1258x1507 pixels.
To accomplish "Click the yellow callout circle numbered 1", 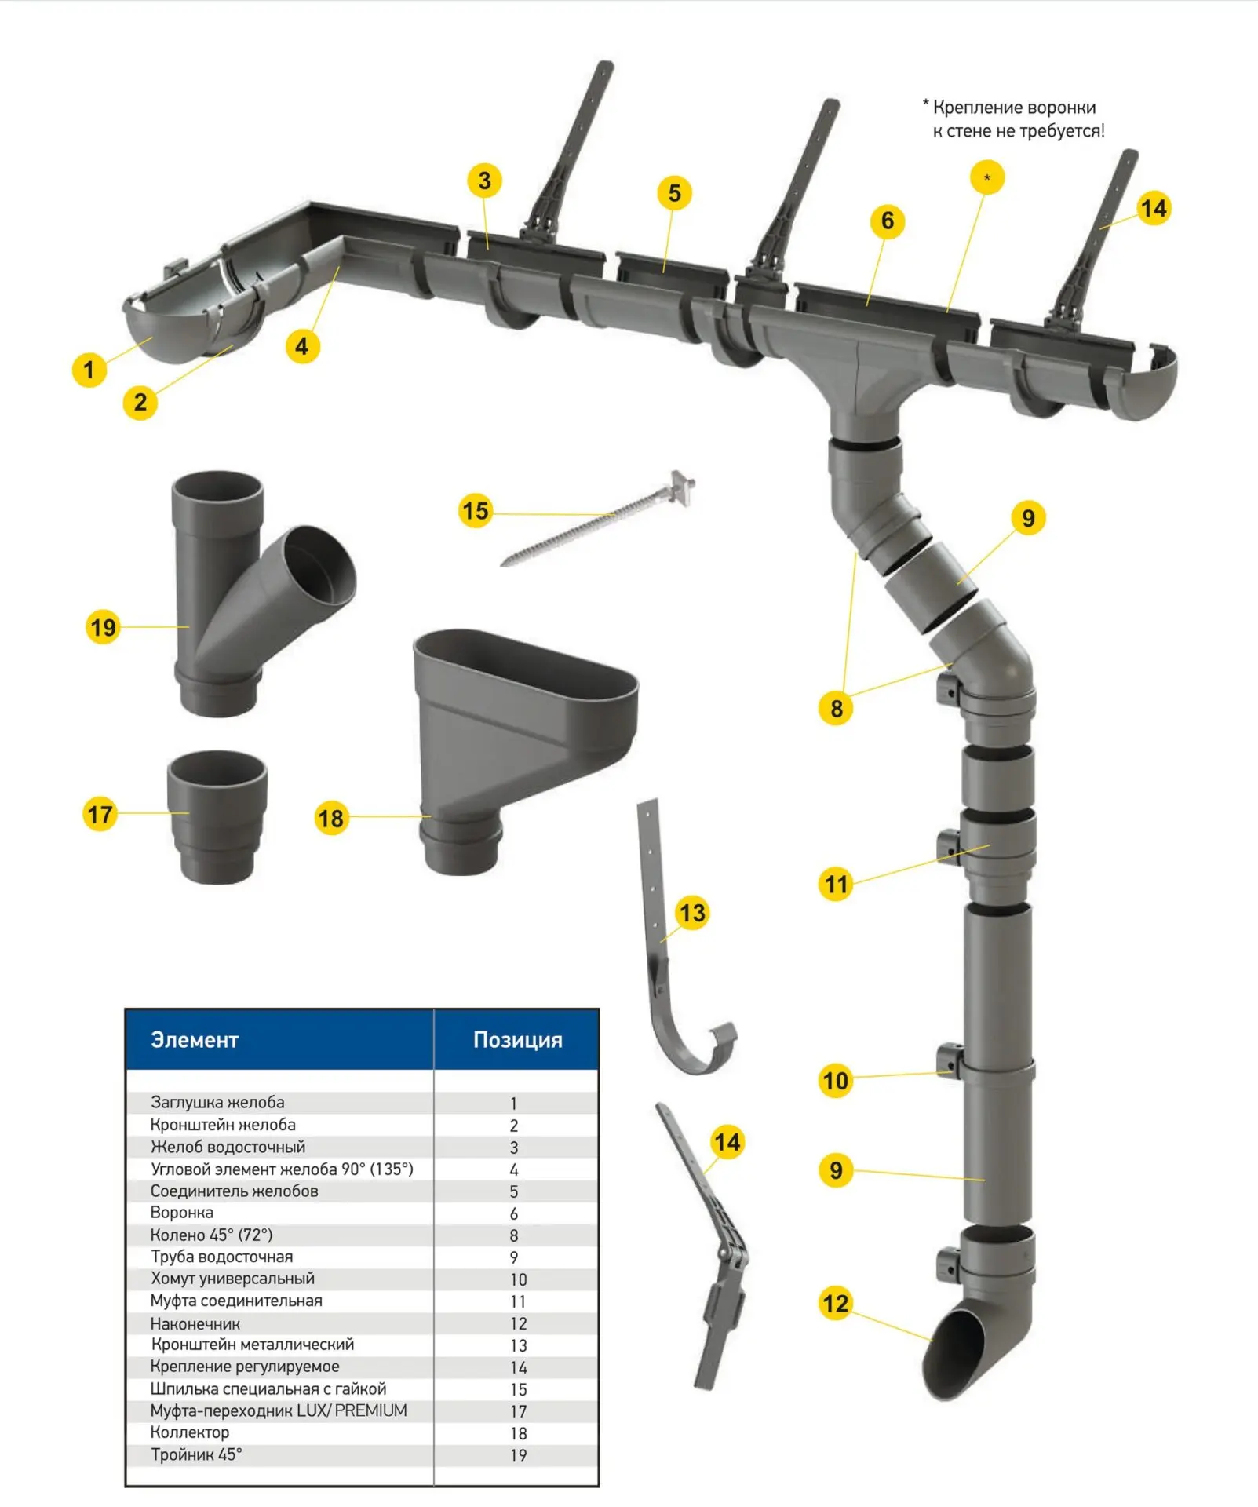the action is coord(89,369).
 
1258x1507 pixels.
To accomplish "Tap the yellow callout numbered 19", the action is coord(103,627).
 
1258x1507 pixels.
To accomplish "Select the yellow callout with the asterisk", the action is coord(987,177).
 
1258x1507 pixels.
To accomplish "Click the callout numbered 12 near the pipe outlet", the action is coord(836,1304).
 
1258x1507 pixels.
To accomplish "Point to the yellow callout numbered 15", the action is coord(476,511).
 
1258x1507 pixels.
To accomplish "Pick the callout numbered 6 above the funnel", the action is coord(888,221).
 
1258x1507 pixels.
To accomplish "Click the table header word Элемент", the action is coord(194,1040).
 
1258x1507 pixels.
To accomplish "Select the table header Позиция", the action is coord(517,1040).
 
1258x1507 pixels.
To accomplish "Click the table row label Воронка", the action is coord(181,1213).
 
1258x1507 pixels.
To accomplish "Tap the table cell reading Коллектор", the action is coord(190,1432).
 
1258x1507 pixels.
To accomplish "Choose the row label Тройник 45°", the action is coord(196,1454).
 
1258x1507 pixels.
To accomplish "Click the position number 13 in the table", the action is coord(518,1345).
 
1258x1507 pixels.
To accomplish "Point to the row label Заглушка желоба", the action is coord(217,1102).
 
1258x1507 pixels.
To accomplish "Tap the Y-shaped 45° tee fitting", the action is coord(263,593).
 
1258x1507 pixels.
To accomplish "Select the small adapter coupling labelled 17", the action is coord(217,817).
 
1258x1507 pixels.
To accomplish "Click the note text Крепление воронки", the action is coord(1014,108).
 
